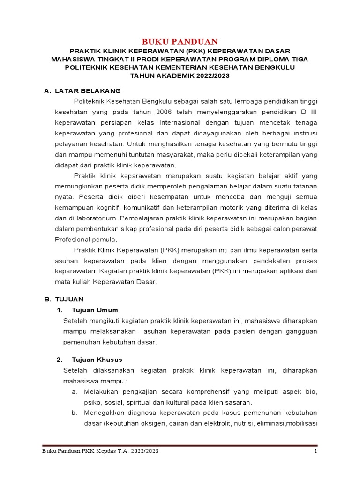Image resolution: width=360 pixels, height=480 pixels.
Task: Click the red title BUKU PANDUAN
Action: pyautogui.click(x=180, y=41)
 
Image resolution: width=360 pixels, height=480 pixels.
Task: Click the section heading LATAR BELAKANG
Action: pyautogui.click(x=88, y=90)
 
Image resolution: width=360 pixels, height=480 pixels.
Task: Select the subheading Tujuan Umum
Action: pyautogui.click(x=95, y=310)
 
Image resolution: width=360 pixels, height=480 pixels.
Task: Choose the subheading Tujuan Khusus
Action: pyautogui.click(x=97, y=360)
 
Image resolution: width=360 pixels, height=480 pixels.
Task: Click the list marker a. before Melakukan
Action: pyautogui.click(x=75, y=391)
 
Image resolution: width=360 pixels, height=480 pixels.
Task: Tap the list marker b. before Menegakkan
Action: pyautogui.click(x=75, y=412)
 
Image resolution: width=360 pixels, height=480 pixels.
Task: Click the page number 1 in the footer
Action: pyautogui.click(x=316, y=451)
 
